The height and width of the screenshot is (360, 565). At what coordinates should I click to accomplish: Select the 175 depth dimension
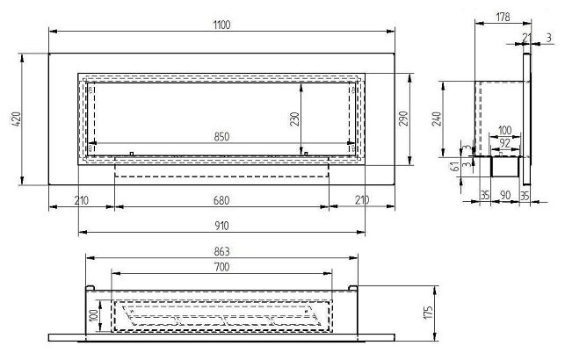(x=429, y=313)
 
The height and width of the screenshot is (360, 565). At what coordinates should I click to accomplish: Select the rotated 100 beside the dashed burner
(x=95, y=314)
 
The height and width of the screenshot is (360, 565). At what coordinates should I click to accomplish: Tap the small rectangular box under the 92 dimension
(x=503, y=165)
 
